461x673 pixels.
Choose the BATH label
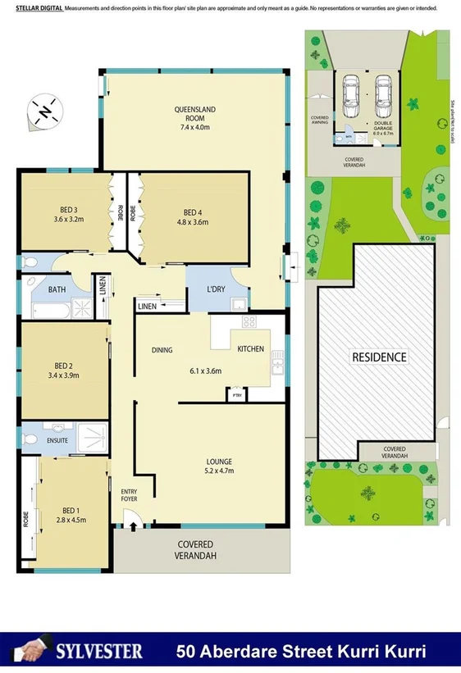tap(57, 289)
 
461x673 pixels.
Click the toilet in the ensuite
tap(30, 440)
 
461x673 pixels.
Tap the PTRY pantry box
tap(237, 395)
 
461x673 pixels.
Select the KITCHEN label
tap(251, 349)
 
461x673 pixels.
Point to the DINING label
tap(162, 351)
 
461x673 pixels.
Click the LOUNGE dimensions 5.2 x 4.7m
tap(219, 471)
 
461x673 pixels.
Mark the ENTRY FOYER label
tap(129, 494)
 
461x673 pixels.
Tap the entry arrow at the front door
tap(129, 521)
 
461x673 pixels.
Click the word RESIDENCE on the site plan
tap(379, 357)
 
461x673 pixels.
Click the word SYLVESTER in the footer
tap(98, 652)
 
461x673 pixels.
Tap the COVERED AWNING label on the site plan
tap(319, 120)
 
